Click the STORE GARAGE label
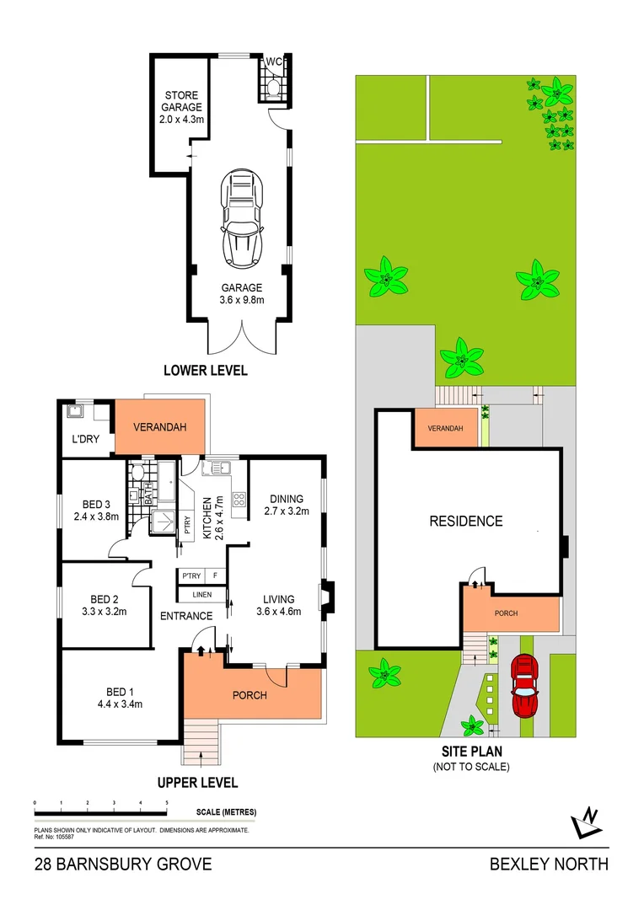pyautogui.click(x=182, y=101)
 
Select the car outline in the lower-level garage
pyautogui.click(x=241, y=218)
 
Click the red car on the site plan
pyautogui.click(x=525, y=686)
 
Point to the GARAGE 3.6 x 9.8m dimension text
pyautogui.click(x=242, y=293)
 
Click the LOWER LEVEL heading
pyautogui.click(x=206, y=371)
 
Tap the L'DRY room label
pyautogui.click(x=85, y=441)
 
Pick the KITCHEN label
pyautogui.click(x=207, y=517)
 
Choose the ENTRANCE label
pyautogui.click(x=186, y=616)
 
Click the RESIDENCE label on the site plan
pyautogui.click(x=465, y=521)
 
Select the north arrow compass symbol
pyautogui.click(x=585, y=822)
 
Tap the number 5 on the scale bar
pyautogui.click(x=167, y=804)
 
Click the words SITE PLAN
pyautogui.click(x=471, y=752)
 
